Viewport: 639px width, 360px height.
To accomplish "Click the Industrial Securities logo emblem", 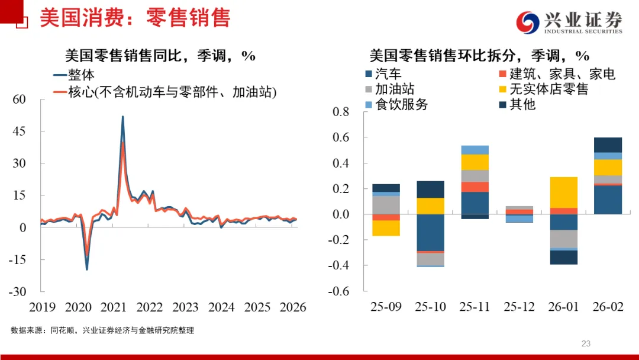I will [528, 22].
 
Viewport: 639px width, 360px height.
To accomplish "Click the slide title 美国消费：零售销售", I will [135, 18].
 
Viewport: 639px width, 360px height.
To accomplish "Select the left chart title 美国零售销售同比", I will [160, 56].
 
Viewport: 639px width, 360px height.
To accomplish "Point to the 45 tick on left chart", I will [19, 131].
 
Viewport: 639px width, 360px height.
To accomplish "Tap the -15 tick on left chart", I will [17, 259].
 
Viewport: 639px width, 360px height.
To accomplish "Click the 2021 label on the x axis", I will [114, 307].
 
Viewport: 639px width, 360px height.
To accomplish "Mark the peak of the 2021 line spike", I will [122, 117].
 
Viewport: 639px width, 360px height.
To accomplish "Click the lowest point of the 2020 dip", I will [86, 269].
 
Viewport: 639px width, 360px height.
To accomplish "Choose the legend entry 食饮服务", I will [401, 105].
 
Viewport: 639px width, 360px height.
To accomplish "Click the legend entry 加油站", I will [395, 89].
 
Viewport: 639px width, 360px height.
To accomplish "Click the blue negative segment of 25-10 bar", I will [430, 232].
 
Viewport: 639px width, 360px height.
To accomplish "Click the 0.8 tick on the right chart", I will [341, 112].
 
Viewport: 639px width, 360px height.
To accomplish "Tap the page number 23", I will [586, 343].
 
